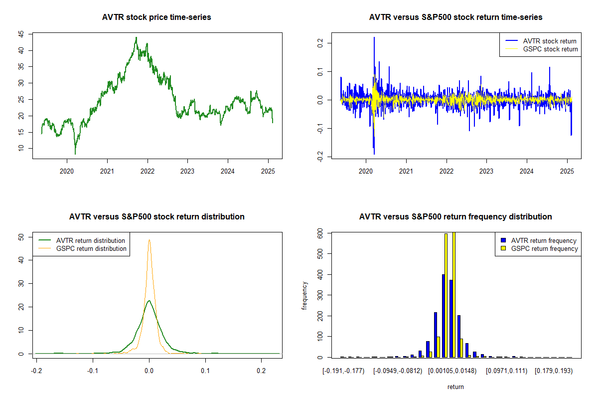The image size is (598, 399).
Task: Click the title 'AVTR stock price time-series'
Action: (157, 17)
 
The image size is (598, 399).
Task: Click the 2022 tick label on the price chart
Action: (148, 171)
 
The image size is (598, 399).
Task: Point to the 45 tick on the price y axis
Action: (21, 34)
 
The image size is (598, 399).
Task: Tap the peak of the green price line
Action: (136, 37)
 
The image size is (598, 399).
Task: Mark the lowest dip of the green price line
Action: (75, 154)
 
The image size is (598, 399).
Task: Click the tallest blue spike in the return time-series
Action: (374, 38)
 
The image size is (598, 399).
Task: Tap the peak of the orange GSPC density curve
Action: (149, 240)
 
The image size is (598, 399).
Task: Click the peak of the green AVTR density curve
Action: (149, 301)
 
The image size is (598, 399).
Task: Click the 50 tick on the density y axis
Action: (21, 237)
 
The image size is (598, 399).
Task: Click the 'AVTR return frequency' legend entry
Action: (544, 240)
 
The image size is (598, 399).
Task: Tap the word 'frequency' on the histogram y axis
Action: (305, 296)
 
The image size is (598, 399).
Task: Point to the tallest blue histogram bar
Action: (444, 316)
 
